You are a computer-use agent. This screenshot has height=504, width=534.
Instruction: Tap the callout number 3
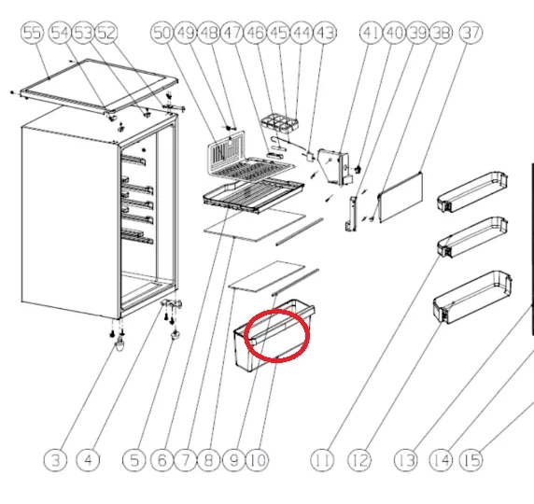tap(58, 459)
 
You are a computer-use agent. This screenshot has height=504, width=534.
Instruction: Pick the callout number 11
tap(323, 459)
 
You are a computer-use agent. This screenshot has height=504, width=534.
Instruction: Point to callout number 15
tap(471, 459)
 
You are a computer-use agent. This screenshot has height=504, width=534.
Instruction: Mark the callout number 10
tap(257, 459)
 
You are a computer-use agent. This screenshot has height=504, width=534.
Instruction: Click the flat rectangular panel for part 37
tap(400, 197)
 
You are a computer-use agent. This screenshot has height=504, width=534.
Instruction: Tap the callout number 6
tap(162, 459)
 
